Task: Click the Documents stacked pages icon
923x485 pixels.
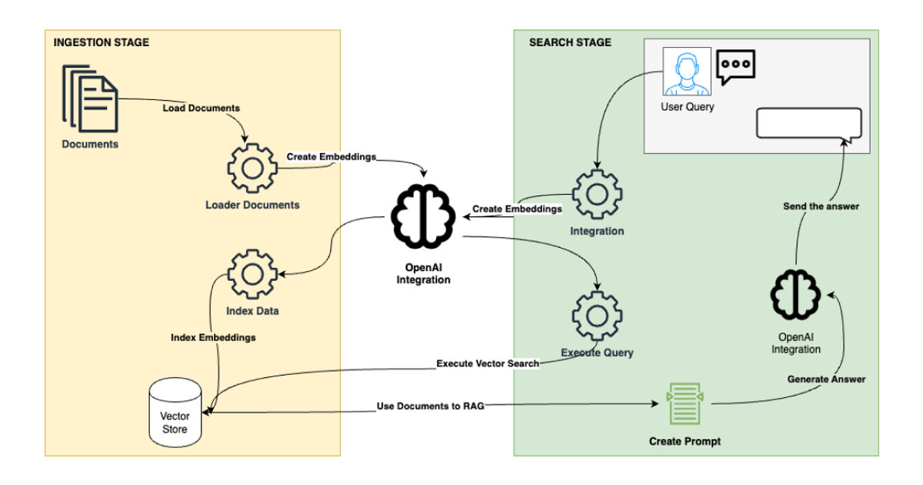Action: [x=90, y=99]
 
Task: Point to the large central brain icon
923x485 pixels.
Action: [x=423, y=214]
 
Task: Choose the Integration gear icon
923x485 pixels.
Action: [x=597, y=193]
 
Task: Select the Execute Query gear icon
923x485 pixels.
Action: [x=597, y=316]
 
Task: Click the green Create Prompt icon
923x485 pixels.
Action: [x=685, y=404]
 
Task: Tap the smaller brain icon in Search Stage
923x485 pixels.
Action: [x=795, y=296]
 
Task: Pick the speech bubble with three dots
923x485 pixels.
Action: [x=735, y=66]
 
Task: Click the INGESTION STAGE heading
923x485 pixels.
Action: [x=102, y=42]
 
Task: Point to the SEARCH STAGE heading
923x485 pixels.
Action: [x=570, y=42]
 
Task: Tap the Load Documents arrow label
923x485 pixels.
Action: [x=201, y=108]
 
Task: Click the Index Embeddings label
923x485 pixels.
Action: [x=213, y=337]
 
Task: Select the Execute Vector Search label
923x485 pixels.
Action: [x=487, y=363]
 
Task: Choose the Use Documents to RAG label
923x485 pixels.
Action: [x=430, y=406]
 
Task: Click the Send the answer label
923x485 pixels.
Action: [x=821, y=206]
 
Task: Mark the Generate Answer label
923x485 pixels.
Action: [x=826, y=379]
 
